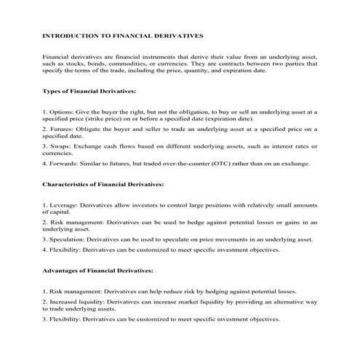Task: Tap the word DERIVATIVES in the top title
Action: click(178, 35)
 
